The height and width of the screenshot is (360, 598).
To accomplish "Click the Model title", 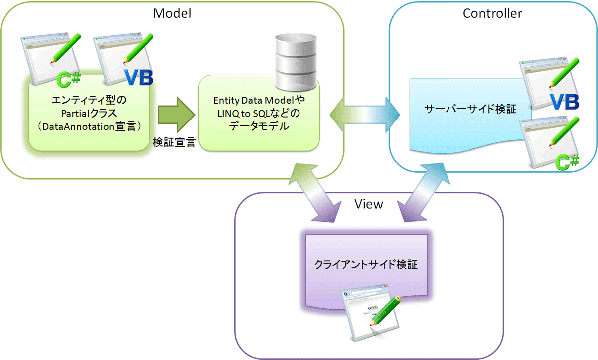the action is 172,13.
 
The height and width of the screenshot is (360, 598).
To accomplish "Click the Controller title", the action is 492,13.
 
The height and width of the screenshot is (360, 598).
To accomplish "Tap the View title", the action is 369,204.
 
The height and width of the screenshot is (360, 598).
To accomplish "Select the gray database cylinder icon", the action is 296,62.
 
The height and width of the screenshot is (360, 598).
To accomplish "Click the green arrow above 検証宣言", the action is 177,115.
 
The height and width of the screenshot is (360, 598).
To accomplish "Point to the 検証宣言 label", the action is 174,142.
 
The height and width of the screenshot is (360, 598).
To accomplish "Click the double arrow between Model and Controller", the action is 365,115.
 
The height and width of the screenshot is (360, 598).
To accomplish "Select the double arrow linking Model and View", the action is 315,193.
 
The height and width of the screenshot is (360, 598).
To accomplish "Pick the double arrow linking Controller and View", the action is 424,192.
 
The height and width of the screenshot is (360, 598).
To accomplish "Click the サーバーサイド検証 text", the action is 470,109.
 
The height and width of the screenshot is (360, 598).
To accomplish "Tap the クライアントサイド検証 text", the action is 366,264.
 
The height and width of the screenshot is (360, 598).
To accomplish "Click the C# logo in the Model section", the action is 69,79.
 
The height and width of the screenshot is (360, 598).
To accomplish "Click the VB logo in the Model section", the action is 139,78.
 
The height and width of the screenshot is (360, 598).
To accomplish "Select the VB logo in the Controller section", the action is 564,102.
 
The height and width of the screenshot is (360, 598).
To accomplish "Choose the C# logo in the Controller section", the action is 567,162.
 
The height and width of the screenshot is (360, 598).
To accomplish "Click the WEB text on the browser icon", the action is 373,308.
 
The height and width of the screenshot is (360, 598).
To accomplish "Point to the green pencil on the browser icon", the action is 385,311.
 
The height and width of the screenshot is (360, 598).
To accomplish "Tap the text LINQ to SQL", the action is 242,114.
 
